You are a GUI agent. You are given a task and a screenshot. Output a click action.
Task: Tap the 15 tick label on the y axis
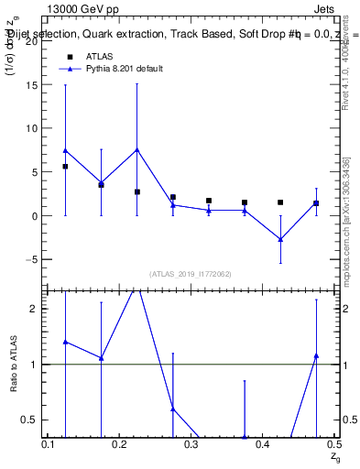click(33, 84)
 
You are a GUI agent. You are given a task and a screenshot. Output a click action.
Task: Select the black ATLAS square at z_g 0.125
click(65, 167)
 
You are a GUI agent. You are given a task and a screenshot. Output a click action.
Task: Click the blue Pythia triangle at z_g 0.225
click(136, 149)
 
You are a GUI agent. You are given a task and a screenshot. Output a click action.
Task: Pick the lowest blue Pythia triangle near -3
click(280, 239)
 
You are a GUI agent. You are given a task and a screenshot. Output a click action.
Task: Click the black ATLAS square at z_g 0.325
click(209, 201)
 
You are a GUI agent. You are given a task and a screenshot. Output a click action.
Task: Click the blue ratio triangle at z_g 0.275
click(173, 409)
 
